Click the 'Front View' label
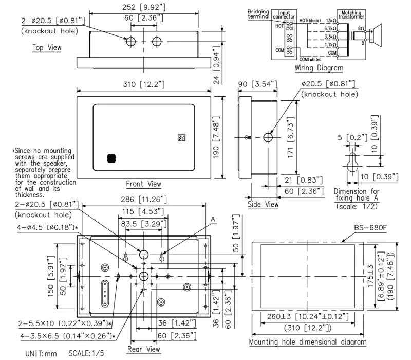tap(143, 184)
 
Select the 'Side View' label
tap(264, 204)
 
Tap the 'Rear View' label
tap(144, 349)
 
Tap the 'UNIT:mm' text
tap(41, 354)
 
